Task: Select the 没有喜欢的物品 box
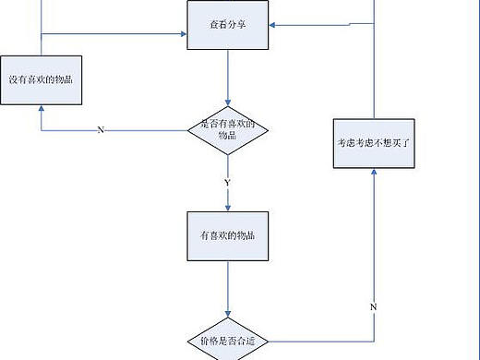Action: (x=42, y=78)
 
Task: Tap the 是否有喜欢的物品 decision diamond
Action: (x=227, y=129)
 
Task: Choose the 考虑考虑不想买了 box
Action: (x=375, y=142)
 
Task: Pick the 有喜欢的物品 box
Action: (x=227, y=236)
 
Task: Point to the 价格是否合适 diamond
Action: (x=227, y=341)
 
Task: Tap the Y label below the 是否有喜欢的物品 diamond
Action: (x=227, y=184)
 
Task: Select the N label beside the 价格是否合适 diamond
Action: (x=374, y=306)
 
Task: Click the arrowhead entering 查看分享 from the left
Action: (x=183, y=36)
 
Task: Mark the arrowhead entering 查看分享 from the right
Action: (x=272, y=25)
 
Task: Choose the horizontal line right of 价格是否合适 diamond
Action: (x=323, y=341)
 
